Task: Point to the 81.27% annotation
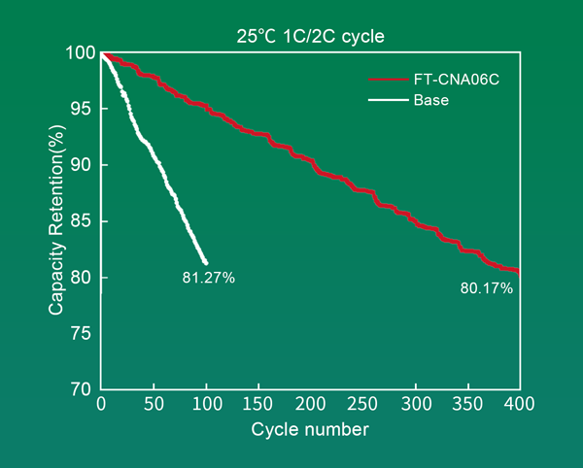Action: [208, 279]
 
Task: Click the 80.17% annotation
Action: [486, 288]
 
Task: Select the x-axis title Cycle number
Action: [310, 428]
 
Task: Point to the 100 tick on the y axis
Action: [81, 53]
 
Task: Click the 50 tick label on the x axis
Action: [154, 403]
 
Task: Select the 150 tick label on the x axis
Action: [258, 403]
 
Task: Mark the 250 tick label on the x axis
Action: [363, 403]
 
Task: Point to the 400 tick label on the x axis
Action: [520, 403]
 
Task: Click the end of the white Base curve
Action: [205, 262]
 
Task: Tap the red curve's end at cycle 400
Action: [519, 272]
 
